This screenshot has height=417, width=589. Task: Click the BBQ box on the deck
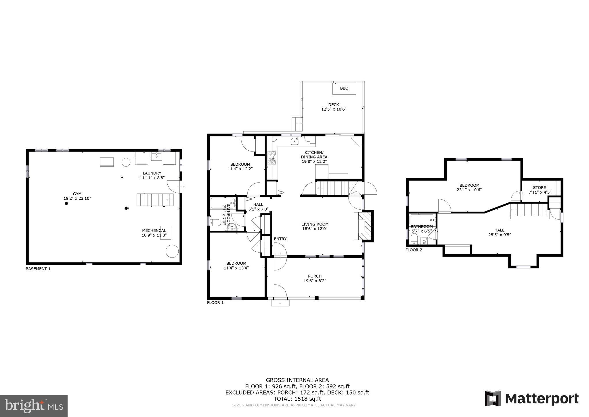click(344, 88)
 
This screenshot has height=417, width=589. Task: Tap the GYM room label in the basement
click(77, 194)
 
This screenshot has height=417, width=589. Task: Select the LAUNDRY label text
click(152, 173)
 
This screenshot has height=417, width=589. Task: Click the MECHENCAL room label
click(154, 230)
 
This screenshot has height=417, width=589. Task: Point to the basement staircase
click(155, 200)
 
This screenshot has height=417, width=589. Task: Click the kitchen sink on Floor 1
click(295, 141)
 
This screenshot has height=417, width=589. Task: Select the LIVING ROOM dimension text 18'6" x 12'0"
click(315, 229)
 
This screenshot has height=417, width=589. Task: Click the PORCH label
click(315, 276)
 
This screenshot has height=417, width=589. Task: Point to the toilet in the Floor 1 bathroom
click(215, 222)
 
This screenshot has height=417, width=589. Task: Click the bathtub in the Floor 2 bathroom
click(422, 220)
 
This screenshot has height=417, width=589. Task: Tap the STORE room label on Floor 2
click(539, 187)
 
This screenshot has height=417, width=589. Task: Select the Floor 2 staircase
click(529, 210)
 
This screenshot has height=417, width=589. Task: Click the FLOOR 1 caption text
click(215, 303)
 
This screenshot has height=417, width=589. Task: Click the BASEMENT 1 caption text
click(38, 269)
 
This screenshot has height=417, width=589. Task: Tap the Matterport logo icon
click(493, 399)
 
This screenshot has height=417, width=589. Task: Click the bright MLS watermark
click(34, 406)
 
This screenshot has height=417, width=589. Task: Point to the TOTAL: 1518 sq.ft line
click(297, 399)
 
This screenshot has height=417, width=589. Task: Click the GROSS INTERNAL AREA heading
click(297, 380)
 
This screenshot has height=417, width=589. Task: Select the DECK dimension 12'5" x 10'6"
click(334, 109)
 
